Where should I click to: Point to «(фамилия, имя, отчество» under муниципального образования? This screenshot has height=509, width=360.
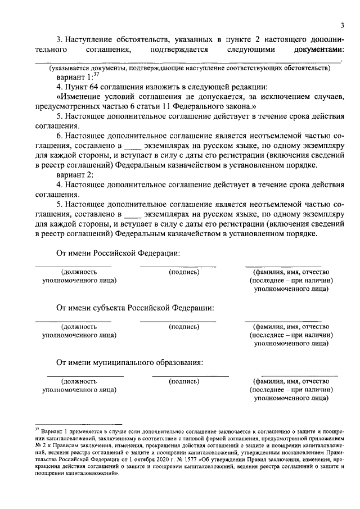291,381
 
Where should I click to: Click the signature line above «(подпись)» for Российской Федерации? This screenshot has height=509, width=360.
178,266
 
